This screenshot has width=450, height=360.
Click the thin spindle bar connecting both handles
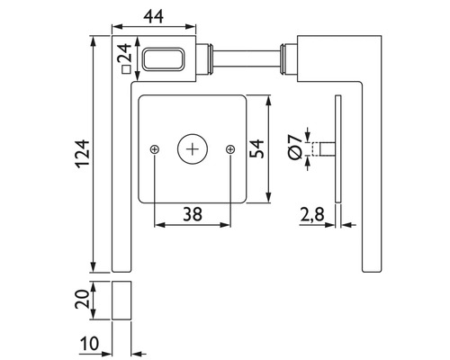[247, 61]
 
